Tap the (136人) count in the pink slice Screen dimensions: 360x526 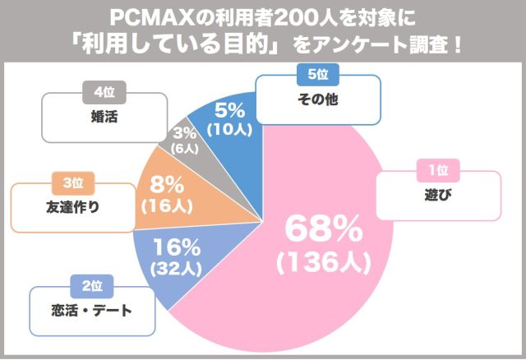pos(324,263)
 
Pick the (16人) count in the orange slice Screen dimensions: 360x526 pos(160,207)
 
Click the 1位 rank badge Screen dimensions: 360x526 pos(438,170)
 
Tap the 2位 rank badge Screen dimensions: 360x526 pos(90,286)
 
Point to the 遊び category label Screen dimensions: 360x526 pos(438,196)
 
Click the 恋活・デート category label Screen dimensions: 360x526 pos(90,312)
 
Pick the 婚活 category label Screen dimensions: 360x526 pos(103,117)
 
